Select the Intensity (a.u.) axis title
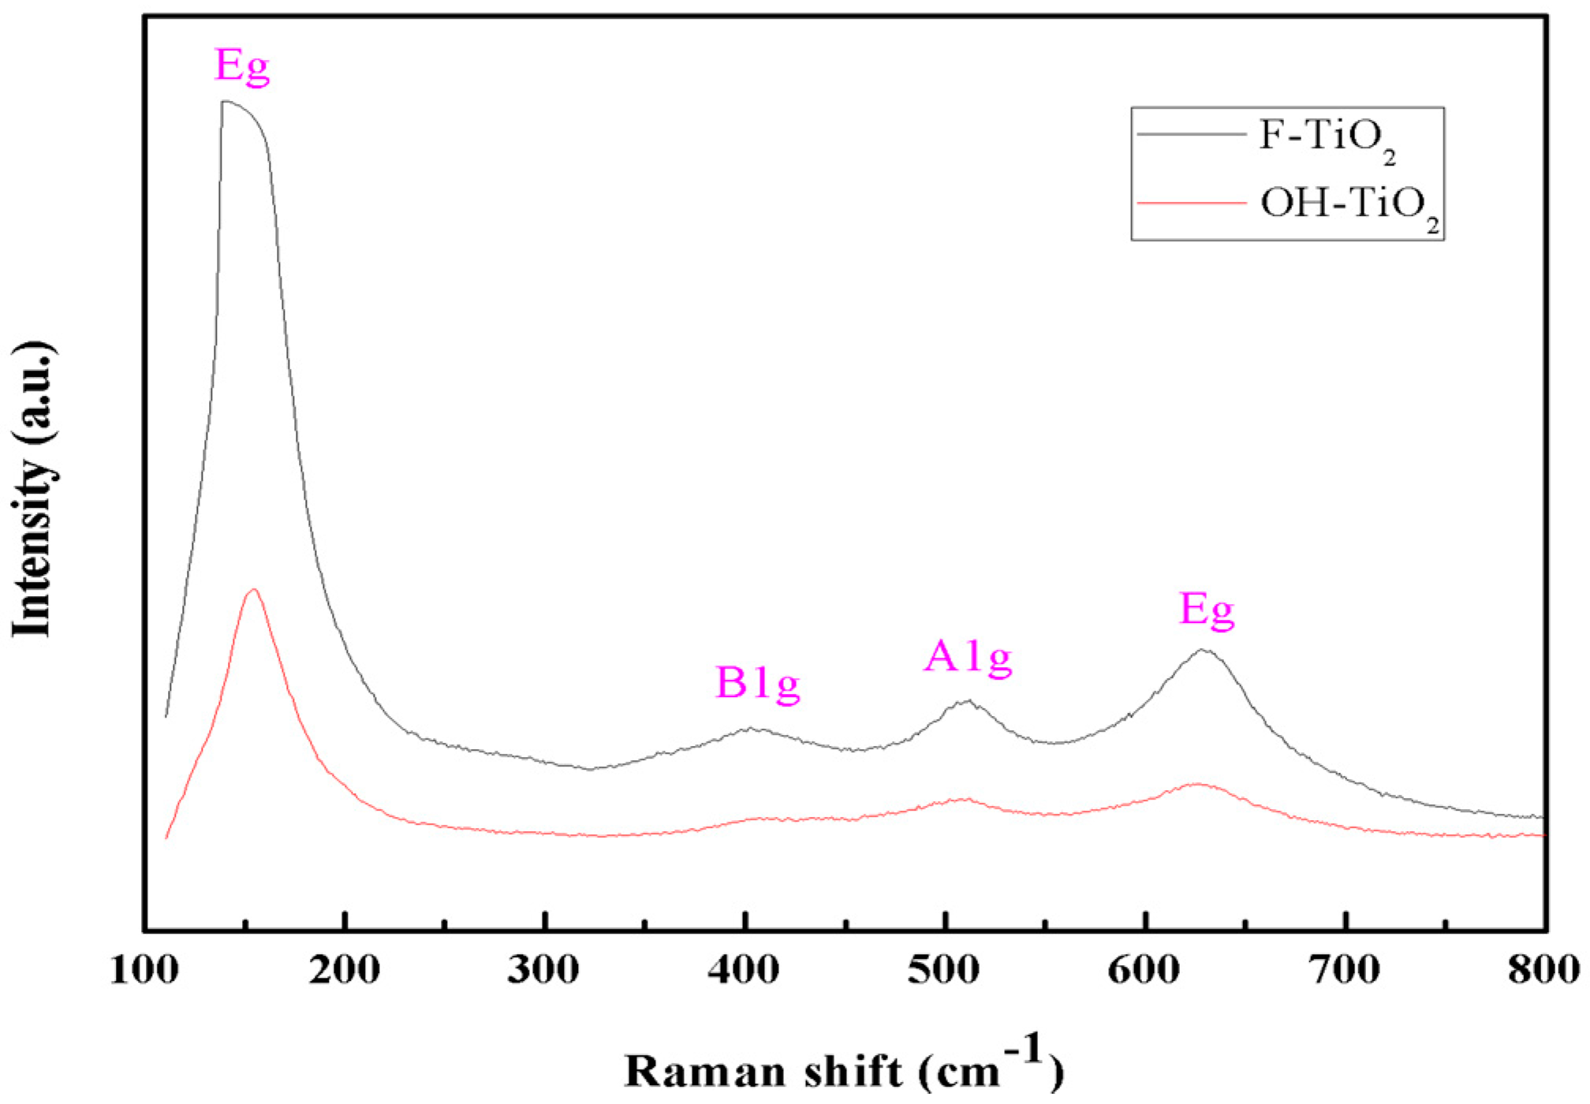pos(33,489)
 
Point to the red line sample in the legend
pos(1191,203)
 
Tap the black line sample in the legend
pos(1191,134)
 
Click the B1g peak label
pos(757,683)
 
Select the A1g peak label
pos(968,657)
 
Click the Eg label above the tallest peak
pos(242,66)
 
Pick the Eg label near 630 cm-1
pos(1207,610)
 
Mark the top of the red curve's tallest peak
pos(253,589)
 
